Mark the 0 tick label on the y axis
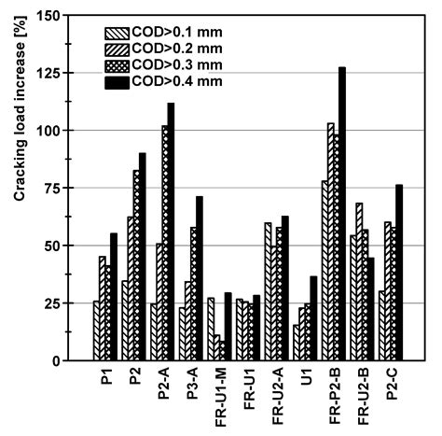pos(65,361)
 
